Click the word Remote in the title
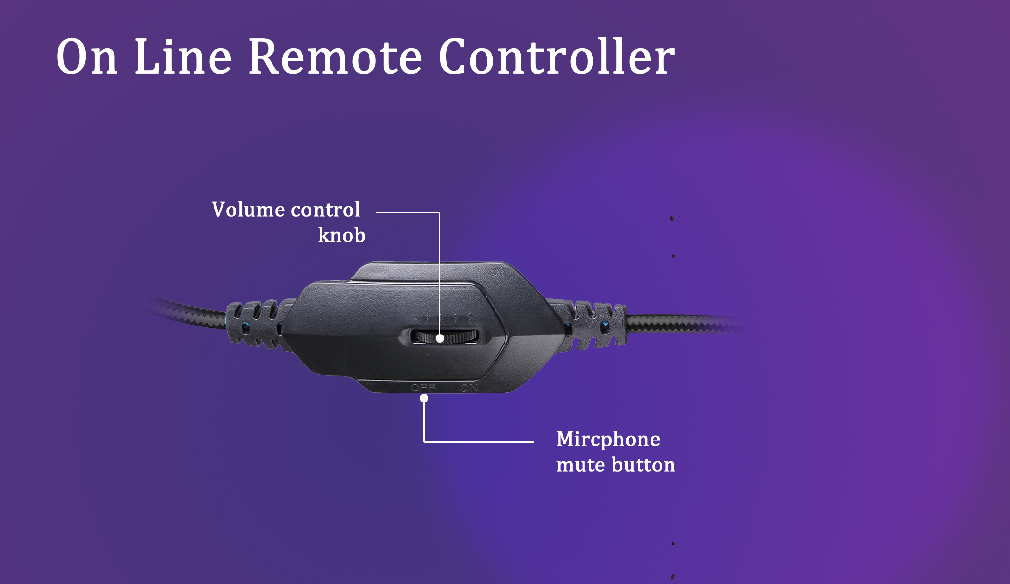pos(335,57)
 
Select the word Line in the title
pos(183,57)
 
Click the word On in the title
pos(87,57)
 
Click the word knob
pos(341,235)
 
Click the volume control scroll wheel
pos(445,337)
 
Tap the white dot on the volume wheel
pos(440,338)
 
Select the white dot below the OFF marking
pos(424,398)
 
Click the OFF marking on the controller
pos(423,388)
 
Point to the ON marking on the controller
pos(470,388)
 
